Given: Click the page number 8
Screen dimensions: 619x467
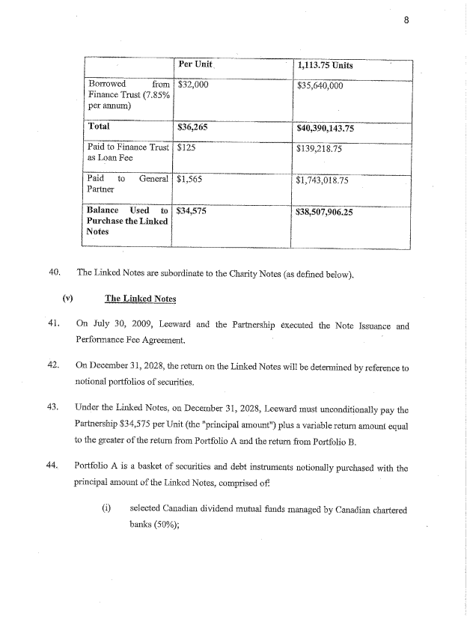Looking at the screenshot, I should (x=406, y=20).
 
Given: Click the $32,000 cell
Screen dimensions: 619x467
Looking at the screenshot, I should (x=192, y=85).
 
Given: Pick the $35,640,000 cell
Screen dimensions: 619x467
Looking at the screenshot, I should (x=320, y=85).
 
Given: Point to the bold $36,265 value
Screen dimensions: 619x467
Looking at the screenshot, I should (x=192, y=127).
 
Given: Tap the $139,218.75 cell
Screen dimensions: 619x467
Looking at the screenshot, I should (x=320, y=149).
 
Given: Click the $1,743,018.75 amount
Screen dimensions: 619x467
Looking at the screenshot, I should (x=323, y=180).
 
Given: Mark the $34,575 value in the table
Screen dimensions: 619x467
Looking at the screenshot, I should (x=192, y=212).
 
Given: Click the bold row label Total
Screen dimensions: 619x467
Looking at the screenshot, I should (x=99, y=127).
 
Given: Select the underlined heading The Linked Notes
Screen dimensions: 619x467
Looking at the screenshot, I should (x=140, y=299).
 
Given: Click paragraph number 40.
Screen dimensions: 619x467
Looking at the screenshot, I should (x=53, y=272).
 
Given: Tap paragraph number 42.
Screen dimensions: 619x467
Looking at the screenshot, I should (x=53, y=365).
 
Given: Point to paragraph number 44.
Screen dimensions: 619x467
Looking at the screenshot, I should (x=53, y=468).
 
